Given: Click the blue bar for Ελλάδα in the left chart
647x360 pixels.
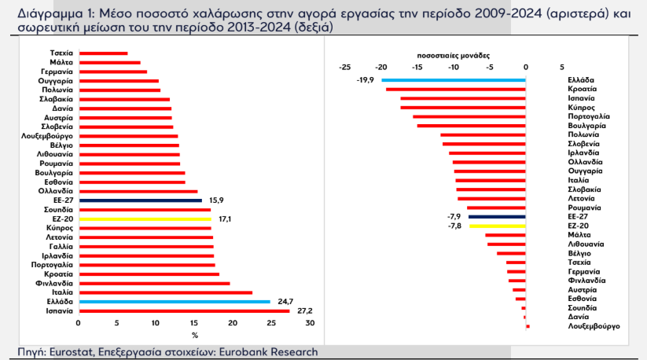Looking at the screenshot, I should point(174,302).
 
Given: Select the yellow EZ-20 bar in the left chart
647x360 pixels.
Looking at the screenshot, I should point(144,219).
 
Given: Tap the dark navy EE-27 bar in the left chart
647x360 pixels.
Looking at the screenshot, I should point(140,200).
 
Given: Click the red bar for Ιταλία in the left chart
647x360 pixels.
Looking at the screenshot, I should point(165,292).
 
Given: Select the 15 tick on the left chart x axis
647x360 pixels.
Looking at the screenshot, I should point(194,323).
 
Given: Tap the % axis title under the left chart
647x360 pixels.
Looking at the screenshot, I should point(194,336).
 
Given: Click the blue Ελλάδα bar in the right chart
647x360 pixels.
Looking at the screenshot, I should point(454,79).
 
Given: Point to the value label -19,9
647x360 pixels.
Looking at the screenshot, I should point(365,79).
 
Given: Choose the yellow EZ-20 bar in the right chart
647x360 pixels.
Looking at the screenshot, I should point(498,226).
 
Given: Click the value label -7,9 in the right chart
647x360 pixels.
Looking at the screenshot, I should point(454,216).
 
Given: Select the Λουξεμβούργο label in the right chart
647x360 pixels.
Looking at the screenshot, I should point(594,325).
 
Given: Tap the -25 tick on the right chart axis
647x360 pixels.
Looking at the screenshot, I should point(344,68).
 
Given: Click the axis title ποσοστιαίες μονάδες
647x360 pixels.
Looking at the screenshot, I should point(453,57).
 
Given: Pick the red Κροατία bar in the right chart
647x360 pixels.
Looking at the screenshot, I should point(456,89).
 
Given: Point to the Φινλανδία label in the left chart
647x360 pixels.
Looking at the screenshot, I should point(55,283).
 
